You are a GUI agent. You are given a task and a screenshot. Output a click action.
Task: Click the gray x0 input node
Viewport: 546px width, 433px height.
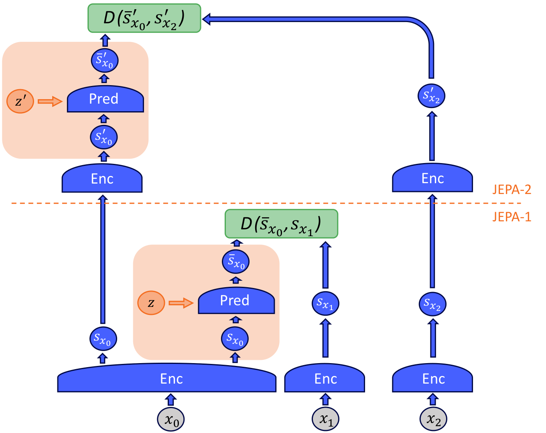pyautogui.click(x=170, y=419)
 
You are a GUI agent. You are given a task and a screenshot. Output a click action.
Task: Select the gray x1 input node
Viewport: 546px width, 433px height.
pyautogui.click(x=325, y=419)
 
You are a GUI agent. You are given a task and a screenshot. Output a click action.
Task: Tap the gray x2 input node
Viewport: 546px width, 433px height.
pyautogui.click(x=433, y=419)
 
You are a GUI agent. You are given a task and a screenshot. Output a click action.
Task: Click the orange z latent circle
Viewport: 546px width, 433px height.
pyautogui.click(x=151, y=303)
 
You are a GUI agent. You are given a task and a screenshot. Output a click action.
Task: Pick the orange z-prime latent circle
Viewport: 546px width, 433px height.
pyautogui.click(x=20, y=101)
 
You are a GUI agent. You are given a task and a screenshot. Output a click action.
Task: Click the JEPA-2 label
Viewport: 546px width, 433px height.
pyautogui.click(x=511, y=190)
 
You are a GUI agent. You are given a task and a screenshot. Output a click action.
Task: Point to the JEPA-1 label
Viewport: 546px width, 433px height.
pyautogui.click(x=511, y=217)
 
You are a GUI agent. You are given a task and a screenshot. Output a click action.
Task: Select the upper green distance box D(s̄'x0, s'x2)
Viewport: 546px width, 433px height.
pyautogui.click(x=144, y=18)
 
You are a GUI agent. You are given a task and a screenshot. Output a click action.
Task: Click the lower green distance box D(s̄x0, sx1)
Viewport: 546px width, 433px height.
pyautogui.click(x=281, y=224)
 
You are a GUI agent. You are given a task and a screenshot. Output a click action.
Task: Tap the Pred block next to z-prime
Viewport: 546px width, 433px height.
pyautogui.click(x=105, y=99)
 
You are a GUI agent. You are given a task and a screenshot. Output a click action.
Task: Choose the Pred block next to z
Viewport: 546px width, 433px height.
pyautogui.click(x=236, y=300)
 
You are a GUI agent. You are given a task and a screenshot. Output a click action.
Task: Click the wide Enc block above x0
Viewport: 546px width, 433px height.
pyautogui.click(x=167, y=378)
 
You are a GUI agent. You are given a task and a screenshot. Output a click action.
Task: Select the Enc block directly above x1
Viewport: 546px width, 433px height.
pyautogui.click(x=325, y=378)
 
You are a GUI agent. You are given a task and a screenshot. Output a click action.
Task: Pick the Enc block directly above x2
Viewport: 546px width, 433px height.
pyautogui.click(x=432, y=378)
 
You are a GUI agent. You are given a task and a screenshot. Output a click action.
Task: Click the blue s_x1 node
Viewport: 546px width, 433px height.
pyautogui.click(x=325, y=303)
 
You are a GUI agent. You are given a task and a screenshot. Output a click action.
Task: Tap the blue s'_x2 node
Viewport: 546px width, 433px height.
pyautogui.click(x=431, y=96)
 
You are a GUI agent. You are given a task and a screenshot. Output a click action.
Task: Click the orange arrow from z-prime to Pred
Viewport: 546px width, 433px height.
pyautogui.click(x=50, y=101)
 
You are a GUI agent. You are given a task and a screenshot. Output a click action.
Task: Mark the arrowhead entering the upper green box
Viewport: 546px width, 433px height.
pyautogui.click(x=206, y=19)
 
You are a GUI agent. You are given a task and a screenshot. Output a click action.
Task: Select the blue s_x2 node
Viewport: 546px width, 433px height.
pyautogui.click(x=432, y=304)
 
